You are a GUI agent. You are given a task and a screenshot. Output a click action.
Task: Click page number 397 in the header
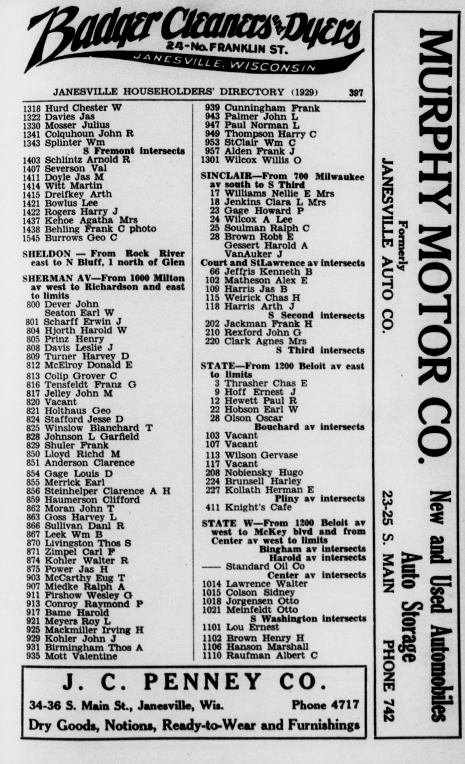[356, 93]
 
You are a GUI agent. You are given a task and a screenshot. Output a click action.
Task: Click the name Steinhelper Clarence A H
[108, 491]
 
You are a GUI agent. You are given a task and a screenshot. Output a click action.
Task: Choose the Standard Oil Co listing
[265, 566]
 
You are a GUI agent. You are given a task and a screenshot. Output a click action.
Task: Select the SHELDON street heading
[46, 254]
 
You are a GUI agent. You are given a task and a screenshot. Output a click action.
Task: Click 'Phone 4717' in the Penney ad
[325, 705]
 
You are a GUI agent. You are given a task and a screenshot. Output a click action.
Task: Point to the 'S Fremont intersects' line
[134, 151]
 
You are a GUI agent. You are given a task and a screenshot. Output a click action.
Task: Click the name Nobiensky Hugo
[263, 473]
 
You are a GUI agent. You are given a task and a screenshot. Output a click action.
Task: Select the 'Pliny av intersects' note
[320, 499]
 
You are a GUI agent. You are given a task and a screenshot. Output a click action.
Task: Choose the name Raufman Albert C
[272, 655]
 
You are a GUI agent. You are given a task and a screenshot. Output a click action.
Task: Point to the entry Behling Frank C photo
[100, 229]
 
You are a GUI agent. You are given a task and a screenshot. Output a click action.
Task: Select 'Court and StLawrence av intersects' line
[282, 263]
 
